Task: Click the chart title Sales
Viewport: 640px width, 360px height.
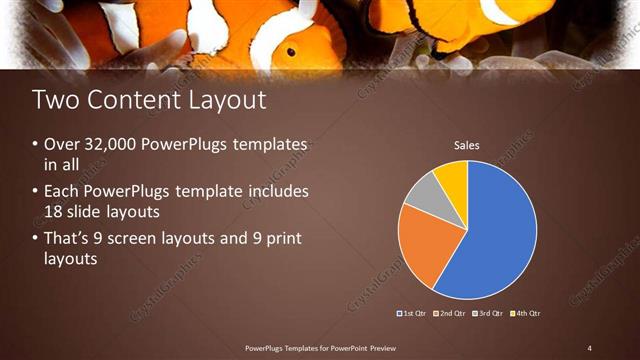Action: click(467, 146)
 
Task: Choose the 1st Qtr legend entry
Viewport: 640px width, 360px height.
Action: click(413, 313)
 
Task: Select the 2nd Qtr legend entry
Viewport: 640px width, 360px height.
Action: click(450, 313)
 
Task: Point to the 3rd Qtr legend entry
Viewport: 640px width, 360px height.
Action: click(488, 313)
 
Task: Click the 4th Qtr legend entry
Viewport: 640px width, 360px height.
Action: click(525, 313)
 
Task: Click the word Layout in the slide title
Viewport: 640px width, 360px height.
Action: click(220, 100)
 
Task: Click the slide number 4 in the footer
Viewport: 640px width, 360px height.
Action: click(590, 347)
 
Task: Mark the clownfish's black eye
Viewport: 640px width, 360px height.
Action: click(291, 51)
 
